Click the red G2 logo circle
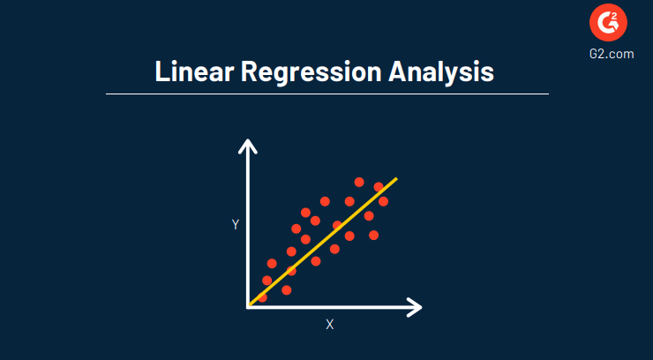608,26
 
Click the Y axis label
236,225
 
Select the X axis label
330,325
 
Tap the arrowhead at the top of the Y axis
249,145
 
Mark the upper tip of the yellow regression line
396,179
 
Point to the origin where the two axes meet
249,306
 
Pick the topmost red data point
359,182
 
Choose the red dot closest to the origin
262,297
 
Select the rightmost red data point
383,202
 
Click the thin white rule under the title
326,93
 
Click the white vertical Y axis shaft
249,229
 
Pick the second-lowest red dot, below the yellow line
286,289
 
